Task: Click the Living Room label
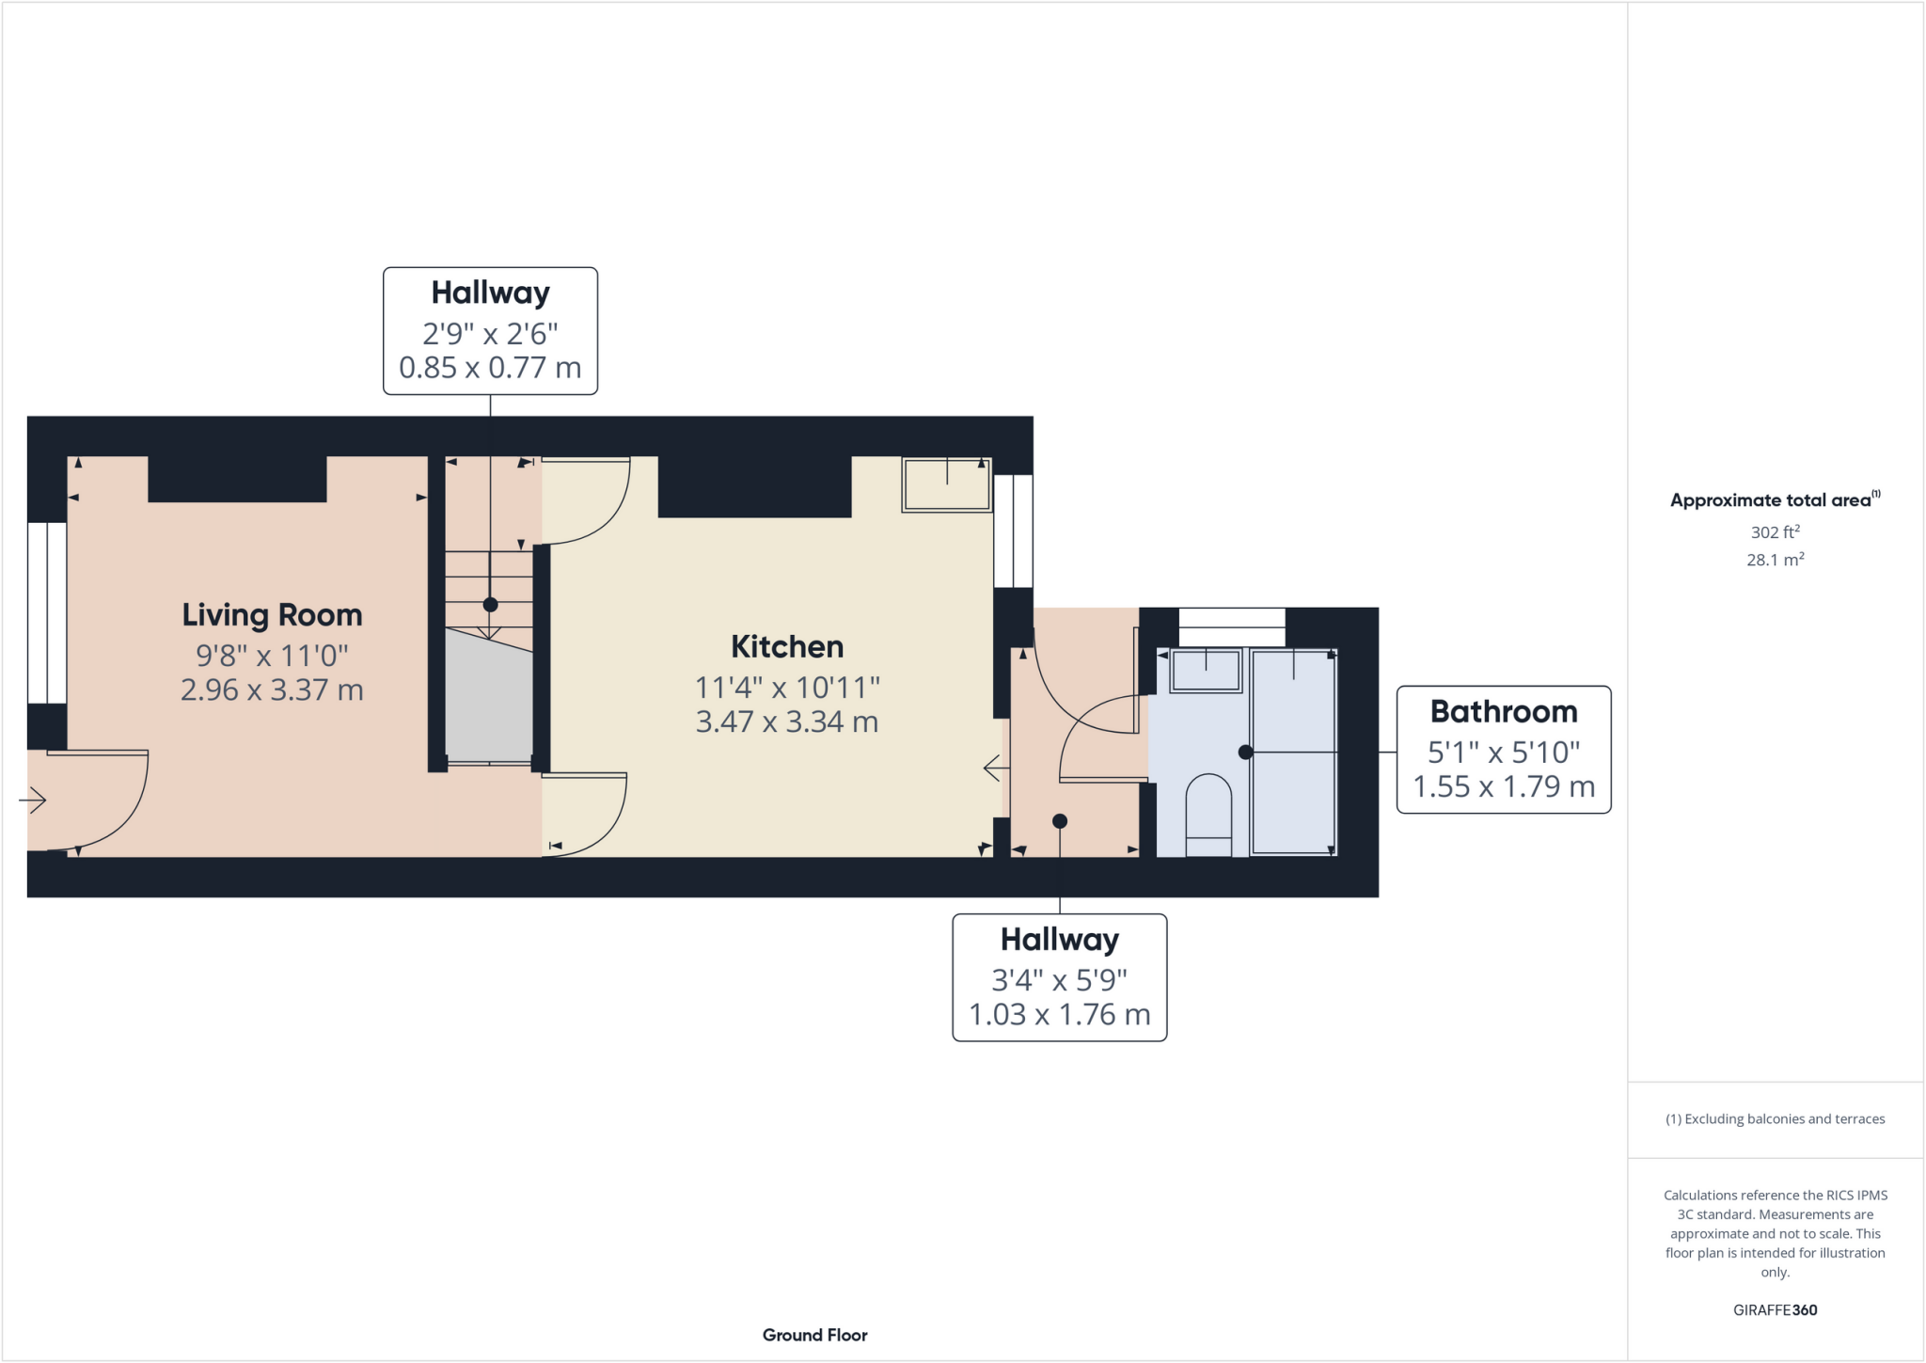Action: [x=272, y=615]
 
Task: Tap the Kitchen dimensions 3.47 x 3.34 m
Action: [x=786, y=722]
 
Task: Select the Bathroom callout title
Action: [x=1503, y=712]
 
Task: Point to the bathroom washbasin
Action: [x=1206, y=671]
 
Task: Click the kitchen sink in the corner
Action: [x=946, y=484]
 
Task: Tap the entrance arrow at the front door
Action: [x=33, y=800]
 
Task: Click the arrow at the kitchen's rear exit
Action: [x=995, y=769]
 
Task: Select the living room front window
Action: [x=46, y=612]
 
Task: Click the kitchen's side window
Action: [x=1013, y=531]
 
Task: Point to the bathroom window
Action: [x=1231, y=627]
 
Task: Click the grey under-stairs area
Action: [x=488, y=696]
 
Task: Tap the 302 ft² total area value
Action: [x=1775, y=532]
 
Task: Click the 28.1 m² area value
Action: [x=1775, y=560]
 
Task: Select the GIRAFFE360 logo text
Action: [x=1775, y=1309]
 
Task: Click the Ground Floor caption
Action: [x=814, y=1335]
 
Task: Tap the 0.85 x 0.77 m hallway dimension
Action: [x=490, y=368]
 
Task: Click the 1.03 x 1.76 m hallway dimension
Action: [x=1059, y=1015]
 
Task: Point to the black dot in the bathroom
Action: [x=1245, y=753]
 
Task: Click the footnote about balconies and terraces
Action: [x=1775, y=1118]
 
